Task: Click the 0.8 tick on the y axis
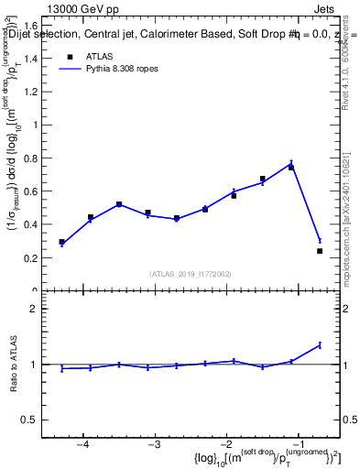38,158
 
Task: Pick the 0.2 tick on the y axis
38,258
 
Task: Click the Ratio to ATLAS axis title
13,365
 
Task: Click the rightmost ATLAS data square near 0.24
320,251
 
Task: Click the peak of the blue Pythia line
291,164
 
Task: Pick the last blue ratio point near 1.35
320,344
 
